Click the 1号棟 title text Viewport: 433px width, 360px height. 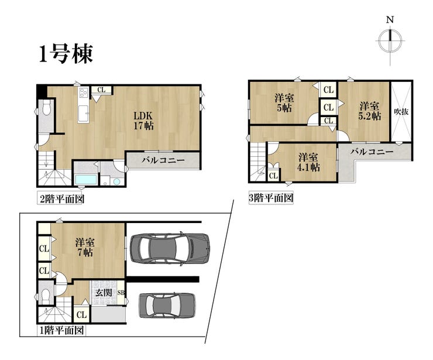(x=66, y=54)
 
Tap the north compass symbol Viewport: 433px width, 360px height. (x=390, y=41)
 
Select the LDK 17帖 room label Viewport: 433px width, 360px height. (x=143, y=121)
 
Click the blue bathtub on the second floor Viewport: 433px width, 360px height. (x=86, y=180)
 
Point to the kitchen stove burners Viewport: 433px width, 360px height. (x=83, y=92)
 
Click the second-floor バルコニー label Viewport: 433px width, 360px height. (x=163, y=160)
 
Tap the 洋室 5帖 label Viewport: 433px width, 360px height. (x=284, y=103)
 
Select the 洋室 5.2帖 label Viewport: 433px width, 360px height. (x=369, y=111)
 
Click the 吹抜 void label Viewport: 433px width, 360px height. (x=401, y=112)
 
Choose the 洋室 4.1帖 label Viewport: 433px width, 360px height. (x=308, y=162)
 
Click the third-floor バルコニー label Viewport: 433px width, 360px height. (x=372, y=152)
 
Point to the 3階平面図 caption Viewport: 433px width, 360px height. (x=271, y=198)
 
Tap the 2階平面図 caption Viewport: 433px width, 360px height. (x=61, y=199)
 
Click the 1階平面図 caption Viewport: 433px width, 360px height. (x=61, y=330)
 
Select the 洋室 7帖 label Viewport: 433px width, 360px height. (x=85, y=248)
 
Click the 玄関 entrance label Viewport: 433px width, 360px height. (x=104, y=293)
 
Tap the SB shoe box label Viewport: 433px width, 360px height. (x=121, y=293)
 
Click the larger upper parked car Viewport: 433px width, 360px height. (x=169, y=248)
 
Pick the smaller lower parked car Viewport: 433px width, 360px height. (x=167, y=306)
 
